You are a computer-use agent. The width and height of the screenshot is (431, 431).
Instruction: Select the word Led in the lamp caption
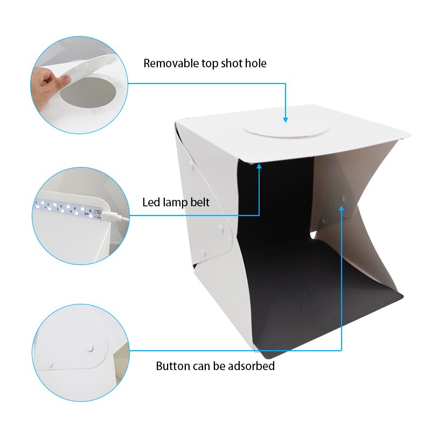click(x=151, y=203)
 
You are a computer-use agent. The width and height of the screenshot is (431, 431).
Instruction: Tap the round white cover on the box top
click(x=286, y=128)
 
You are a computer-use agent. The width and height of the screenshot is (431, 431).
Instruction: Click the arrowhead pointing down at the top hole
click(x=286, y=119)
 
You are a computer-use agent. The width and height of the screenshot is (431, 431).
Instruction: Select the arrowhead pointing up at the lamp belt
click(x=259, y=168)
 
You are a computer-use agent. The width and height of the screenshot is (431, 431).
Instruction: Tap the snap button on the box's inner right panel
click(x=343, y=199)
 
